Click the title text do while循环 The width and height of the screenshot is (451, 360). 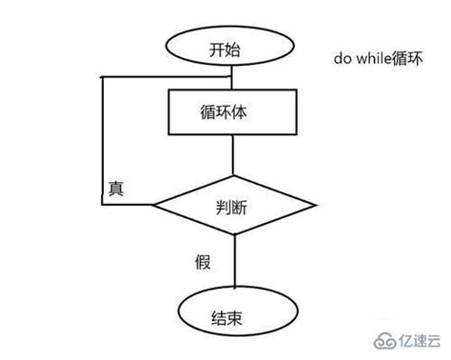375,58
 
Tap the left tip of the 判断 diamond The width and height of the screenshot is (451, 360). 155,203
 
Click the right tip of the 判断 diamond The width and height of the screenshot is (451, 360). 315,203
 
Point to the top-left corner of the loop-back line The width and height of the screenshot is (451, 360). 104,75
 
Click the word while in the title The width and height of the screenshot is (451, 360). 371,58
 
